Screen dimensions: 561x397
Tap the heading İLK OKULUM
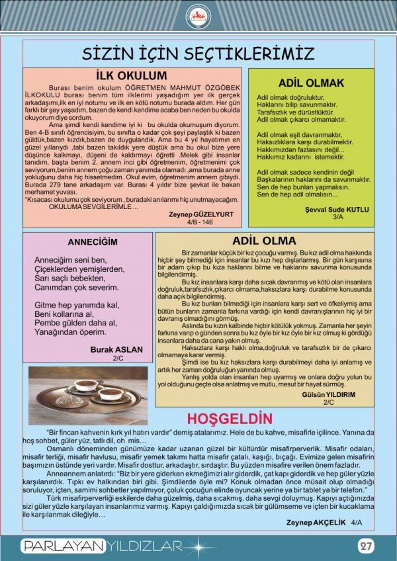point(131,75)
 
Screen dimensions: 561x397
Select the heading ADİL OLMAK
point(311,83)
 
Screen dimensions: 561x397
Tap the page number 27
point(365,546)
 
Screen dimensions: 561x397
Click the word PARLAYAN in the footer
point(63,546)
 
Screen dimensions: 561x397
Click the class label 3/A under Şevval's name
point(337,217)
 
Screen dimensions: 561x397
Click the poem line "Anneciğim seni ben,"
point(69,259)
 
